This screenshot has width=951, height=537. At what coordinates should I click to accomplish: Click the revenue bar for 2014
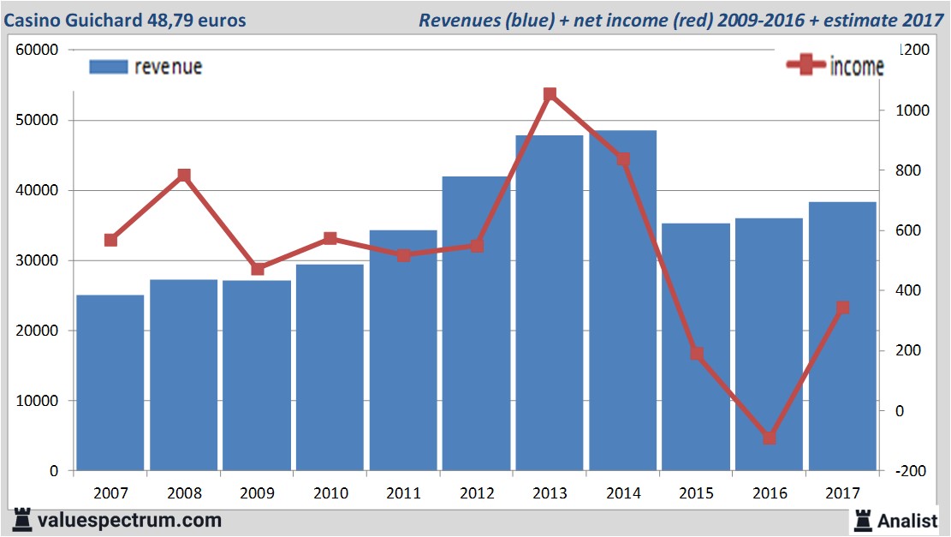[622, 300]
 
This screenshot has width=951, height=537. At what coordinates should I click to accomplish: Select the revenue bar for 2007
[110, 382]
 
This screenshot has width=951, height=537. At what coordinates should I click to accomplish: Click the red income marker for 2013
[550, 95]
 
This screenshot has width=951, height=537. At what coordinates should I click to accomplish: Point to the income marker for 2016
[770, 438]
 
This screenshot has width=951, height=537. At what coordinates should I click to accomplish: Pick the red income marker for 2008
[183, 176]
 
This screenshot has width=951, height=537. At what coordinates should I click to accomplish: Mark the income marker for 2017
[843, 307]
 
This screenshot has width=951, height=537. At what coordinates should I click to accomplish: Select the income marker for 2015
[696, 354]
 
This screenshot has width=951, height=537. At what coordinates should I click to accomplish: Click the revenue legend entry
[146, 67]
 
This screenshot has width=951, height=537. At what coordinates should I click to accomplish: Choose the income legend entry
[835, 66]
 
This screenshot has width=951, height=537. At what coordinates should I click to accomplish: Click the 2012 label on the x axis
[477, 492]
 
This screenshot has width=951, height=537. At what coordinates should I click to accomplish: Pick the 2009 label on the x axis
[257, 492]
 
